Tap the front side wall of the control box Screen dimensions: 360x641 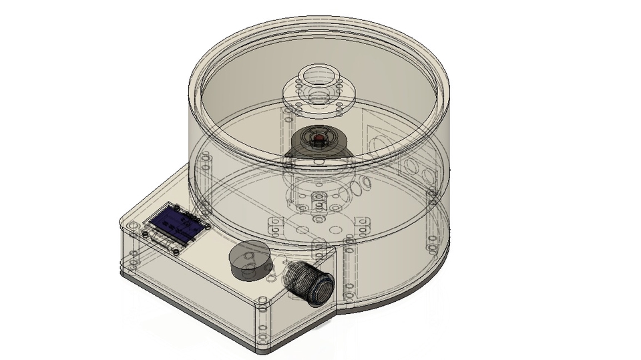194,281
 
